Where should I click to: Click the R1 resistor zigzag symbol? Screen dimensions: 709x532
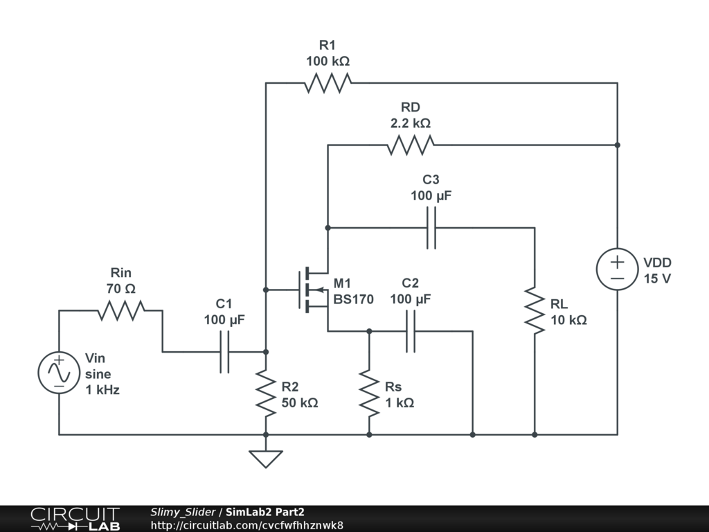[327, 83]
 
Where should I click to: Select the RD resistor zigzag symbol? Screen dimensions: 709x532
[411, 145]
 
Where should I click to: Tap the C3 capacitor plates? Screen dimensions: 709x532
[431, 228]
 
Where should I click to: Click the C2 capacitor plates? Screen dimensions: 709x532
[411, 331]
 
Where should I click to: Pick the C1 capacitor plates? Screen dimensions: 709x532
[224, 352]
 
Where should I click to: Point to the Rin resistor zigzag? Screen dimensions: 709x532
[121, 311]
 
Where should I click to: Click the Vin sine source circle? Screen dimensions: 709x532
[60, 373]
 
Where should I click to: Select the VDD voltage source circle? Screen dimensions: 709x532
[618, 269]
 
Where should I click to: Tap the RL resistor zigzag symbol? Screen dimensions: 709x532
[535, 311]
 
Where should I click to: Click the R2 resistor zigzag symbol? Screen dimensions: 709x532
[266, 393]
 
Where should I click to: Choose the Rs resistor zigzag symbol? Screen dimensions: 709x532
[370, 393]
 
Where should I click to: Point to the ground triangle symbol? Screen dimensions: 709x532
[266, 459]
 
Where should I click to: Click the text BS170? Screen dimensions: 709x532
[354, 299]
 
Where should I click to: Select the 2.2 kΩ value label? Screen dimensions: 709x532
[411, 123]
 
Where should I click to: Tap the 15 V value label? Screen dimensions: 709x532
[658, 278]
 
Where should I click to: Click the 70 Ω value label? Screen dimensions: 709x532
[121, 289]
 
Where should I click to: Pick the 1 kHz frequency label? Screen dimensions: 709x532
[102, 390]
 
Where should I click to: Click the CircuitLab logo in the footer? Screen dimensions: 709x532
[75, 519]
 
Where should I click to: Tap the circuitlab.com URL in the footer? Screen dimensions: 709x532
[247, 526]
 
